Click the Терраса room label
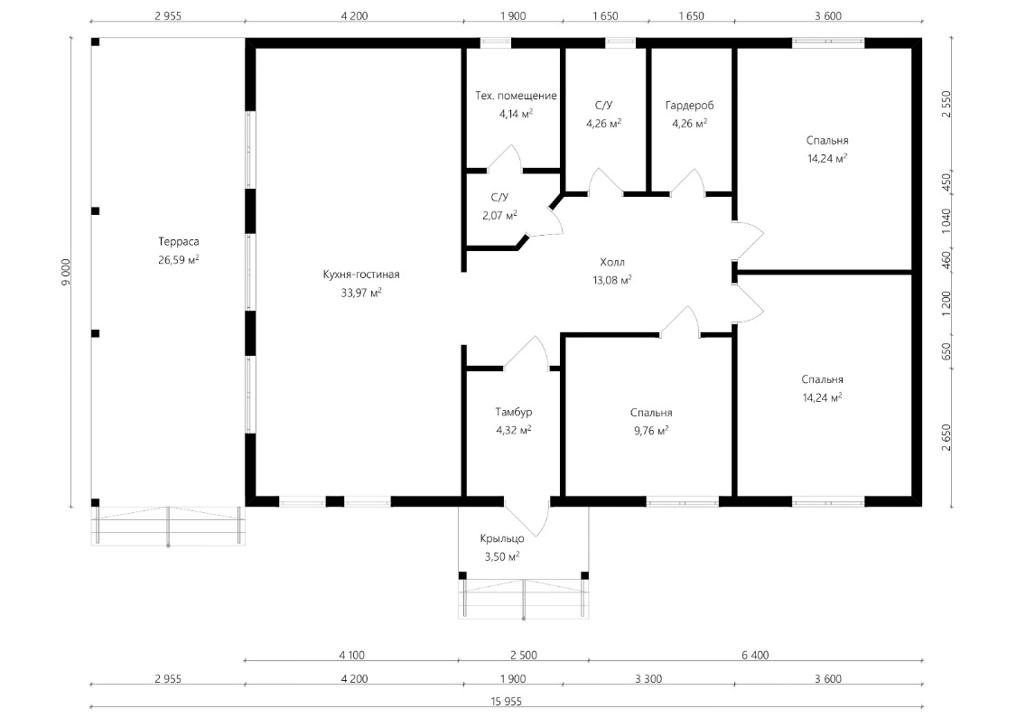pyautogui.click(x=178, y=242)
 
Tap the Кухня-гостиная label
pyautogui.click(x=361, y=275)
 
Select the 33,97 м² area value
pyautogui.click(x=361, y=293)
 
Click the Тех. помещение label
pyautogui.click(x=516, y=96)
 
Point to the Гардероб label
pyautogui.click(x=689, y=105)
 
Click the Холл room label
pyautogui.click(x=612, y=263)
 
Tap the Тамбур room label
pyautogui.click(x=514, y=412)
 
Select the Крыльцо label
pyautogui.click(x=502, y=538)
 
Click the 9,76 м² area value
pyautogui.click(x=651, y=430)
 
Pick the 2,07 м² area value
pyautogui.click(x=499, y=215)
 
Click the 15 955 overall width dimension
pyautogui.click(x=507, y=701)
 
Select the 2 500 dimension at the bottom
pyautogui.click(x=524, y=655)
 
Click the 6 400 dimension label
pyautogui.click(x=756, y=655)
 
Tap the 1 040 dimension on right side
pyautogui.click(x=946, y=221)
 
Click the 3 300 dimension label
pyautogui.click(x=648, y=679)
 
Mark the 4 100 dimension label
pyautogui.click(x=352, y=655)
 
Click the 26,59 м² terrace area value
pyautogui.click(x=178, y=260)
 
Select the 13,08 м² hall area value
pyautogui.click(x=612, y=281)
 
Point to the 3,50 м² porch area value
pyautogui.click(x=502, y=556)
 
